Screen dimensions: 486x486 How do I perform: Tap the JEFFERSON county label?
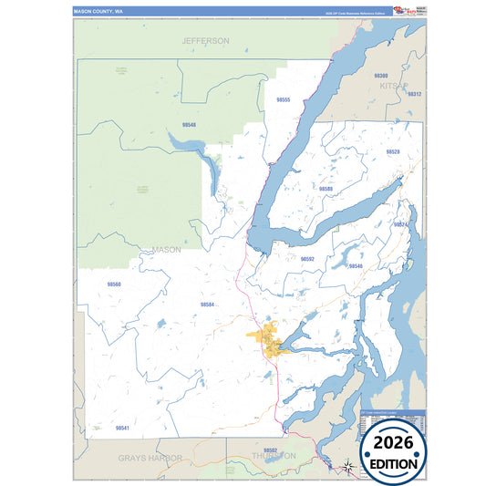click(x=205, y=41)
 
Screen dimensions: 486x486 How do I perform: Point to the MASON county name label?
click(x=166, y=249)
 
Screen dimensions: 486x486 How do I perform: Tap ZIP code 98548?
click(x=190, y=124)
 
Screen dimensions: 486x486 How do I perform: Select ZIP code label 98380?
click(x=381, y=76)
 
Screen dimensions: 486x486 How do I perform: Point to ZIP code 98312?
click(x=414, y=94)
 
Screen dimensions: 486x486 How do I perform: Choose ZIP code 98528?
click(x=392, y=151)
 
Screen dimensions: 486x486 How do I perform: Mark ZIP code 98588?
click(x=326, y=188)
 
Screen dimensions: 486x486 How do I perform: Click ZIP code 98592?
click(x=307, y=259)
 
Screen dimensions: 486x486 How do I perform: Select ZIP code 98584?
click(x=207, y=304)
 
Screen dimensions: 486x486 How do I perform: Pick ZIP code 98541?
click(x=122, y=427)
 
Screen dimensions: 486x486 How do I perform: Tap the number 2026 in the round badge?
click(x=393, y=442)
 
